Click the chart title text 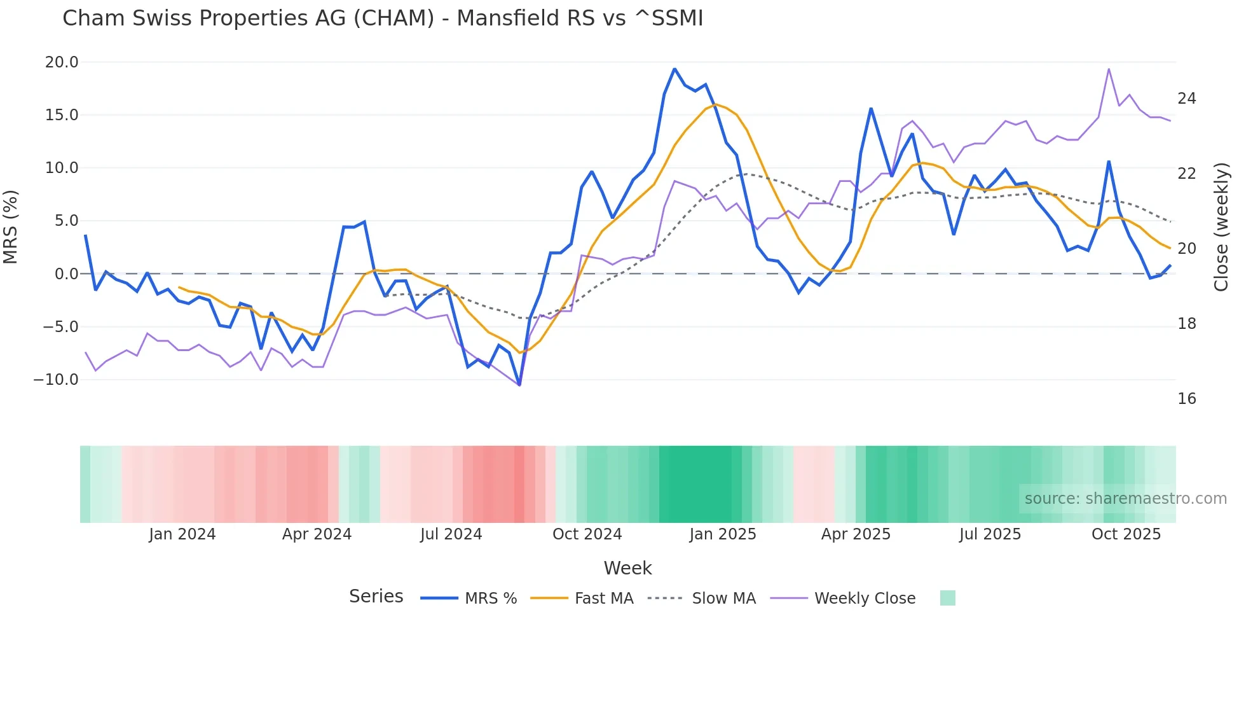point(383,18)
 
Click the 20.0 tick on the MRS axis point(62,62)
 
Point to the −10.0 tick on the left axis point(56,380)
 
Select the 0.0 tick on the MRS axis point(67,274)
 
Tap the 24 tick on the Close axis point(1186,99)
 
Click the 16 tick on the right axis point(1186,399)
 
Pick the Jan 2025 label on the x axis point(723,534)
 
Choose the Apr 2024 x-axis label point(317,534)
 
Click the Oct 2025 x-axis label point(1126,534)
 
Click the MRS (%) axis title point(11,227)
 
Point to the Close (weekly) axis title point(1221,227)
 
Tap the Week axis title point(627,568)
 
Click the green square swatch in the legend point(947,599)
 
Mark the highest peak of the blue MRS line point(674,69)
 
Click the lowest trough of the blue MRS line point(519,385)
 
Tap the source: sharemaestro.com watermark point(1125,499)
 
